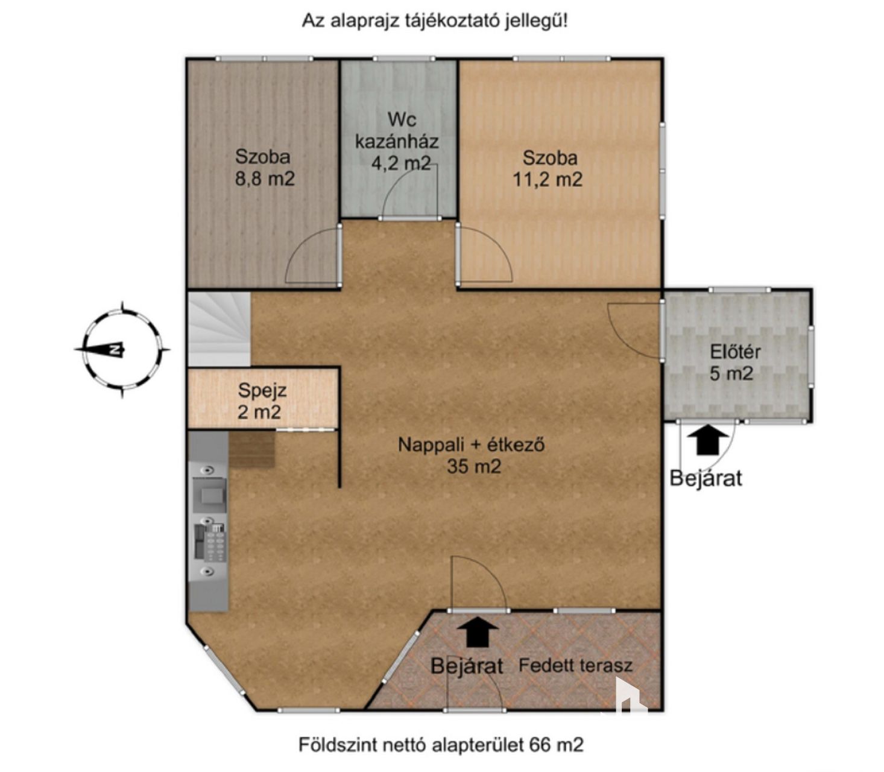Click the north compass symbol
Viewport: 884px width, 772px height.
pyautogui.click(x=122, y=349)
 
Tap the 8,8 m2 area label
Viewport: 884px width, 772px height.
pyautogui.click(x=265, y=179)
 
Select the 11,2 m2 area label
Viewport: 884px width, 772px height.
pyautogui.click(x=548, y=179)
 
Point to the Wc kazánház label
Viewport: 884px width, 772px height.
pyautogui.click(x=397, y=130)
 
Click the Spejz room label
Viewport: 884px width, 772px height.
pyautogui.click(x=262, y=391)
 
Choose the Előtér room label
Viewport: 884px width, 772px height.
pyautogui.click(x=736, y=352)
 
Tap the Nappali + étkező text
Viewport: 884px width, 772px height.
pyautogui.click(x=471, y=445)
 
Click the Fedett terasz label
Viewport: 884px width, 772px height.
pyautogui.click(x=575, y=665)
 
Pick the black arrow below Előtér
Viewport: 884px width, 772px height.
pyautogui.click(x=707, y=439)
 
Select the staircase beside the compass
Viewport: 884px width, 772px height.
pyautogui.click(x=219, y=328)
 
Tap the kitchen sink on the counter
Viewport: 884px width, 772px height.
pyautogui.click(x=209, y=495)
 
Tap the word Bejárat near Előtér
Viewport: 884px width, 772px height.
pyautogui.click(x=706, y=479)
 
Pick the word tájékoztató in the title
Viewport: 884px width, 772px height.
pyautogui.click(x=453, y=21)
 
